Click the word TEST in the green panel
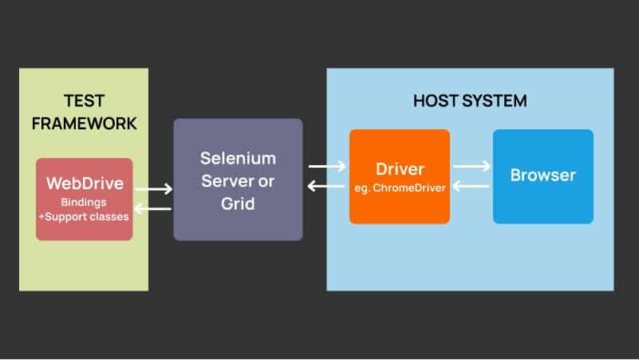[84, 101]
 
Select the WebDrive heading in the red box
[85, 183]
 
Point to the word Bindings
[85, 202]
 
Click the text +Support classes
[85, 216]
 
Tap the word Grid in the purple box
[238, 204]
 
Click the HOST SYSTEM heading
[470, 101]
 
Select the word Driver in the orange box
[399, 169]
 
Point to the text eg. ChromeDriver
[399, 188]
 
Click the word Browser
[543, 175]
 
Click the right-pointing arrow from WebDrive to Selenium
[154, 189]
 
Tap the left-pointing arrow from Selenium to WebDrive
[154, 208]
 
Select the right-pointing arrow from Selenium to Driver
[327, 166]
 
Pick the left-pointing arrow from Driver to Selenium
[327, 187]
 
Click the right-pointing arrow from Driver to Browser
[471, 166]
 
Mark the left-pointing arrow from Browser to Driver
[471, 186]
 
